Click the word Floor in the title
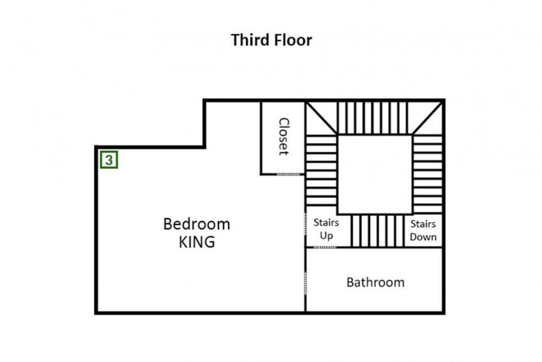pyautogui.click(x=293, y=40)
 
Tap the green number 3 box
pyautogui.click(x=109, y=160)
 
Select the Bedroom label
pyautogui.click(x=197, y=224)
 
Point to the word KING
pyautogui.click(x=197, y=242)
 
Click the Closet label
pyautogui.click(x=283, y=136)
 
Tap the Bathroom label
pyautogui.click(x=376, y=282)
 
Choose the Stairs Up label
pyautogui.click(x=326, y=228)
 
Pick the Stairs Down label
pyautogui.click(x=423, y=231)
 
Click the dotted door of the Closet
pyautogui.click(x=289, y=174)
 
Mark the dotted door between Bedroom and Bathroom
pyautogui.click(x=305, y=283)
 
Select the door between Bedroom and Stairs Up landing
pyautogui.click(x=305, y=224)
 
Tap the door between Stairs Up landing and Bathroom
pyautogui.click(x=324, y=247)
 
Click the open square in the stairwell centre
pyautogui.click(x=375, y=174)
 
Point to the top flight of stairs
pyautogui.click(x=373, y=117)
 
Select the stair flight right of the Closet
pyautogui.click(x=321, y=170)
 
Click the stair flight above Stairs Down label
pyautogui.click(x=428, y=174)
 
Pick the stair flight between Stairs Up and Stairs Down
pyautogui.click(x=377, y=231)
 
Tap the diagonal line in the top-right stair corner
pyautogui.click(x=428, y=118)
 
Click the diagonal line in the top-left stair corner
pyautogui.click(x=322, y=118)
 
